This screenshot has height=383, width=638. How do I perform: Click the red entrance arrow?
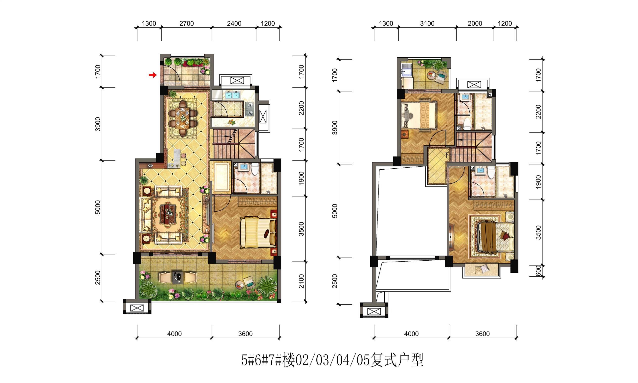point(153,75)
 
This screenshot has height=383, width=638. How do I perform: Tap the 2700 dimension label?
point(187,23)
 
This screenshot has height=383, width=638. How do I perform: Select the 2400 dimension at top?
point(234,23)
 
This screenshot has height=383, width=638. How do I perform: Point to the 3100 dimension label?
point(427,23)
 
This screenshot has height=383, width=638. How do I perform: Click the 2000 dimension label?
point(475,23)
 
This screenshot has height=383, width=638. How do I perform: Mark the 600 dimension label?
point(538,271)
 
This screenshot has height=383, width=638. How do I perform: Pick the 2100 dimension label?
point(301,281)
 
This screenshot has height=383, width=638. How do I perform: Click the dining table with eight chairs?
point(183,118)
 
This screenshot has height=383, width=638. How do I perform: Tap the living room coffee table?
point(167,214)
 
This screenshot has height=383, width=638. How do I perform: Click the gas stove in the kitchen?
point(250,109)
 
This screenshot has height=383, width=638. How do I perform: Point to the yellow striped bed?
point(258,232)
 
